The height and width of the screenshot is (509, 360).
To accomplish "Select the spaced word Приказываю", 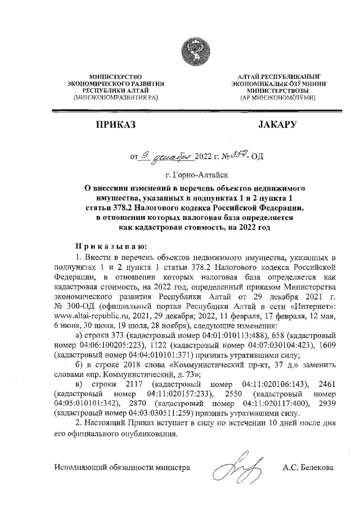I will (x=110, y=246).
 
